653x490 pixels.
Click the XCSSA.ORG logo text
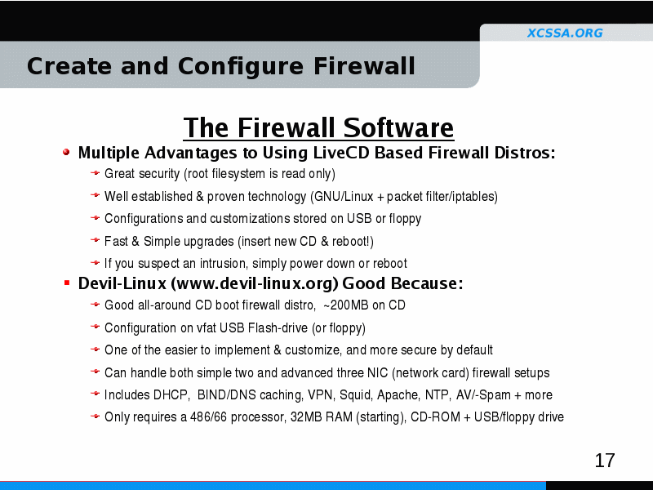[x=565, y=33]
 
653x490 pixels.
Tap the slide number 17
[x=605, y=461]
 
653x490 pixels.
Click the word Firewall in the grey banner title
[x=364, y=66]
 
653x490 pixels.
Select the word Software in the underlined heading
[x=398, y=127]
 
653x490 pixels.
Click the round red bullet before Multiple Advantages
[x=66, y=152]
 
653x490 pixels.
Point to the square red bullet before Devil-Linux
[x=67, y=283]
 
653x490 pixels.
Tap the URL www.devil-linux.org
[x=254, y=283]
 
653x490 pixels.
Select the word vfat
[x=207, y=328]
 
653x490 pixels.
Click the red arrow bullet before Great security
[x=95, y=172]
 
